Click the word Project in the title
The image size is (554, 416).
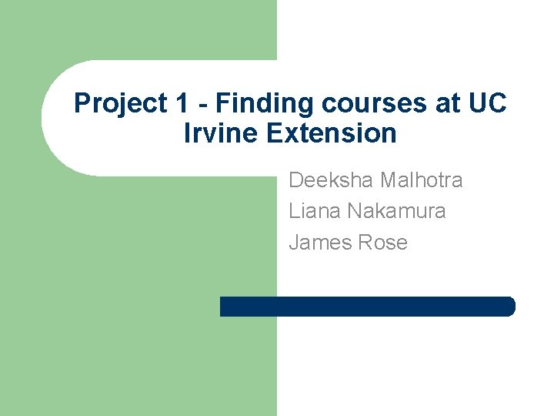[112, 103]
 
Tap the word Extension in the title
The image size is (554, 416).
[332, 133]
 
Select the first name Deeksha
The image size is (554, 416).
[329, 180]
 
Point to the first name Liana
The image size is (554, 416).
[315, 211]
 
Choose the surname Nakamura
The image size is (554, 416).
[398, 211]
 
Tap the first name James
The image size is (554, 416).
[319, 243]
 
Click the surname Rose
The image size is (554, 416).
[382, 243]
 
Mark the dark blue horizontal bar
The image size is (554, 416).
[367, 307]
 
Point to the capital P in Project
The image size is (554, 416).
[81, 102]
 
